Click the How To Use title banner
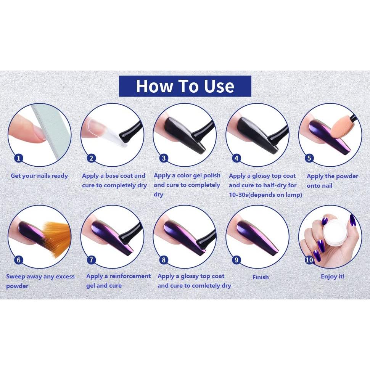click(185, 86)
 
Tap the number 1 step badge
click(18, 158)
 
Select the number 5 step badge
click(309, 158)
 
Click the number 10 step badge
click(309, 260)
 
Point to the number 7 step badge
click(91, 260)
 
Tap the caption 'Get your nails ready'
click(39, 176)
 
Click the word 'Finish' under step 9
click(261, 277)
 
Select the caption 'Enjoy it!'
click(332, 277)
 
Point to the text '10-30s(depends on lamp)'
click(265, 195)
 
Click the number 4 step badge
click(236, 158)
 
